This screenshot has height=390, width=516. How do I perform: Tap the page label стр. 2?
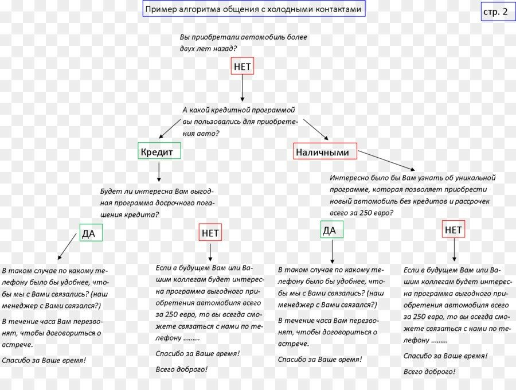[x=495, y=12]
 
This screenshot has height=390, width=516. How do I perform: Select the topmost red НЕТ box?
[x=242, y=67]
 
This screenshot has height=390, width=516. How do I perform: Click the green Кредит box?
[x=160, y=151]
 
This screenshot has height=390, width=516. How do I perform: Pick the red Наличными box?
[x=325, y=151]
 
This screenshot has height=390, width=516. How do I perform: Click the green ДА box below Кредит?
[x=91, y=233]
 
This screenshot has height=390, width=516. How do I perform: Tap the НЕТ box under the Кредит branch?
[x=210, y=233]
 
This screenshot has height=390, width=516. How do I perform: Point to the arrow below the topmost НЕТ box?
[x=242, y=88]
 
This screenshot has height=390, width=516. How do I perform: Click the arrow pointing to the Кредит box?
[x=170, y=128]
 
